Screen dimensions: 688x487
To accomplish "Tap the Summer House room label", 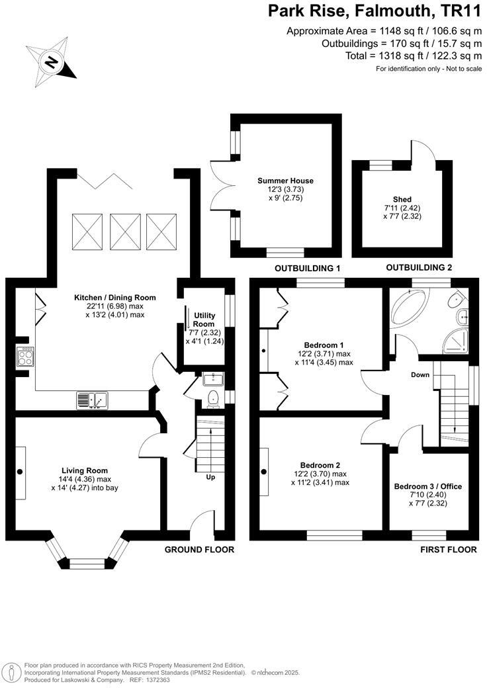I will (285, 181).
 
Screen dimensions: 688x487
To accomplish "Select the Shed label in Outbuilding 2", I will (402, 199).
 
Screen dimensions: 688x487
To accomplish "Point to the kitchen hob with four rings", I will (24, 358).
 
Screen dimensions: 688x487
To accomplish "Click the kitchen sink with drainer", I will (92, 400).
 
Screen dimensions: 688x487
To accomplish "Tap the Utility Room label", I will (203, 320).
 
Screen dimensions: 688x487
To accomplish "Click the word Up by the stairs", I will (210, 477).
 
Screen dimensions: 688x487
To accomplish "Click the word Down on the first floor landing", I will (420, 375).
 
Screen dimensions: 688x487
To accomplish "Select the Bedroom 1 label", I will (324, 345).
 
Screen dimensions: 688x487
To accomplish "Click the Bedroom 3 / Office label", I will (427, 486).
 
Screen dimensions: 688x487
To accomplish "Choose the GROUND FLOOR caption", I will (199, 550).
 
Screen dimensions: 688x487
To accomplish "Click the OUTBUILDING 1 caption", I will (307, 268).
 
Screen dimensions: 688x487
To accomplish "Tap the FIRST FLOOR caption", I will (448, 550).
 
